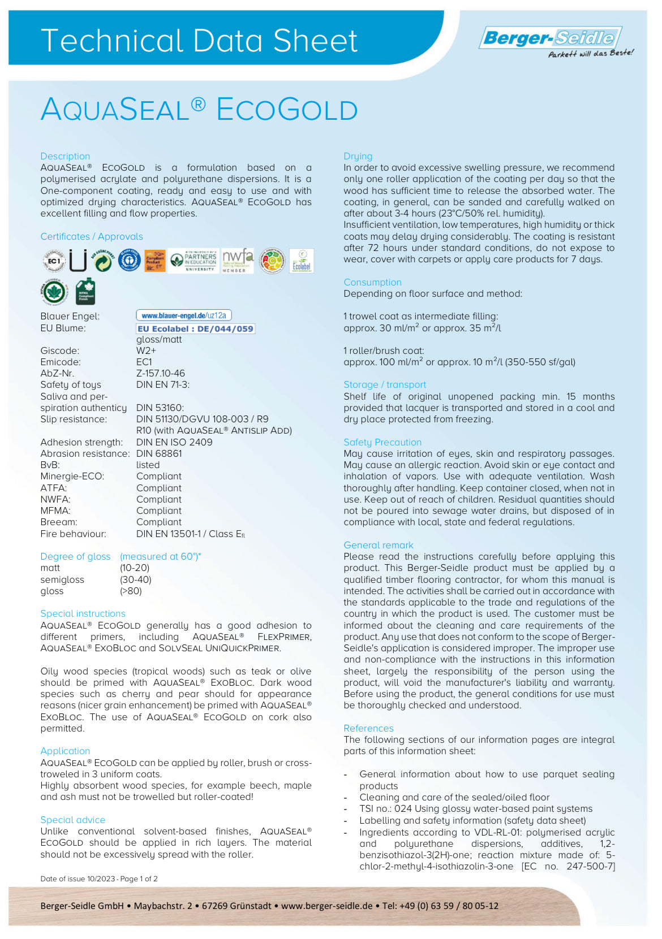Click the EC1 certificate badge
(x=54, y=261)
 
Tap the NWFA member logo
(x=237, y=261)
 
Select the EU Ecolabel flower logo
(x=302, y=261)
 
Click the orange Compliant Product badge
(x=154, y=261)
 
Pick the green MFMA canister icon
(x=85, y=292)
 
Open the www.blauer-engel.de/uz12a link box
(x=184, y=315)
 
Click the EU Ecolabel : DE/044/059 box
(x=195, y=328)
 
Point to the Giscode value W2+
(x=146, y=350)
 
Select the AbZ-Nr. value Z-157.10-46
(x=161, y=373)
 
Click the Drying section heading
(x=358, y=156)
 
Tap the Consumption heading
(x=372, y=282)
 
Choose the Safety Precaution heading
(x=382, y=442)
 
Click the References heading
(x=368, y=728)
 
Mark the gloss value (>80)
(x=131, y=591)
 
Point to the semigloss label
(x=62, y=579)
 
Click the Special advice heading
(x=72, y=820)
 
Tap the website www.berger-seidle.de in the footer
(x=326, y=906)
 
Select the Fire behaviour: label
(x=73, y=534)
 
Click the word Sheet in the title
(x=315, y=41)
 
